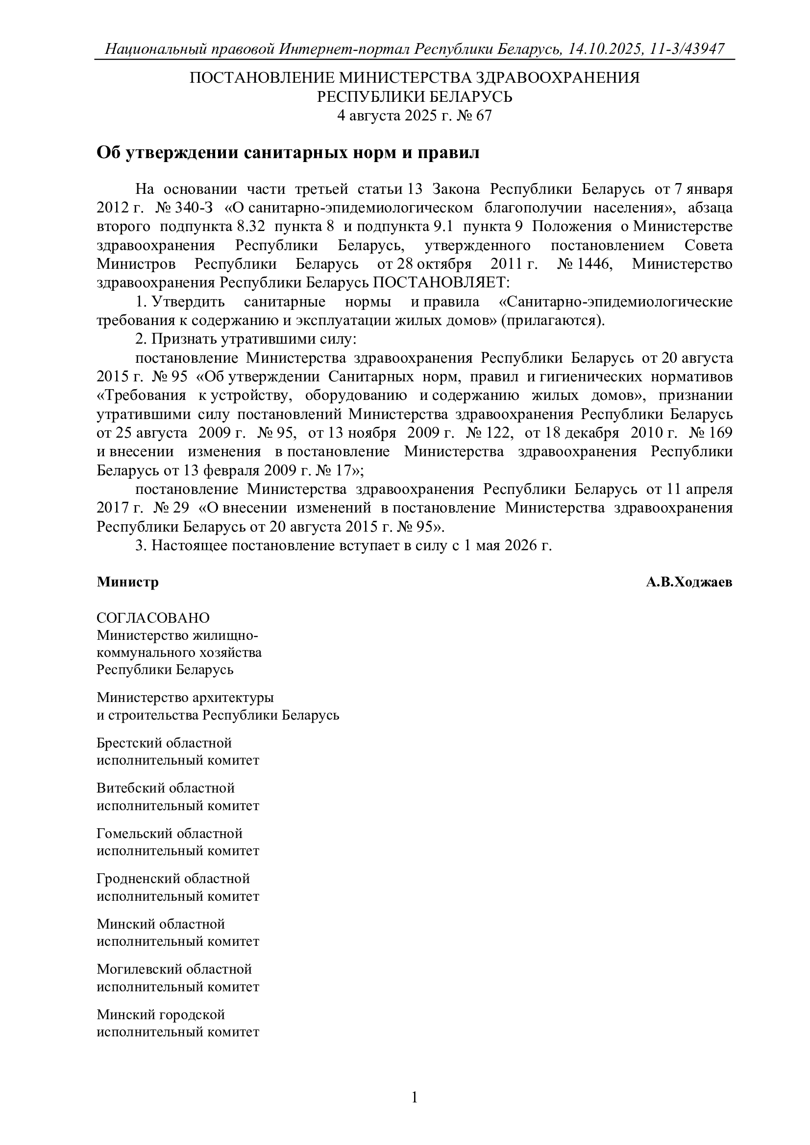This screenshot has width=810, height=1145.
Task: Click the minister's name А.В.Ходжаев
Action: [689, 582]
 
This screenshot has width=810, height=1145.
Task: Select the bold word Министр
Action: [128, 582]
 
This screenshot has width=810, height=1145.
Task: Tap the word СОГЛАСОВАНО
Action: [153, 618]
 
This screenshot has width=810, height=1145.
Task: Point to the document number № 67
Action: [477, 116]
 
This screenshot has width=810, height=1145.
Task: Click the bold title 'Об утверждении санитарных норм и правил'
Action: [288, 153]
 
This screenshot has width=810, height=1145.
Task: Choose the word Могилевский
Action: [139, 969]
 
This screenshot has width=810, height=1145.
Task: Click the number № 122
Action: [490, 433]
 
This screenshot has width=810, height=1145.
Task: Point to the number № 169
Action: [711, 433]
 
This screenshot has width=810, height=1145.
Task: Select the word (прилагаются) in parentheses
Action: [552, 320]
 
